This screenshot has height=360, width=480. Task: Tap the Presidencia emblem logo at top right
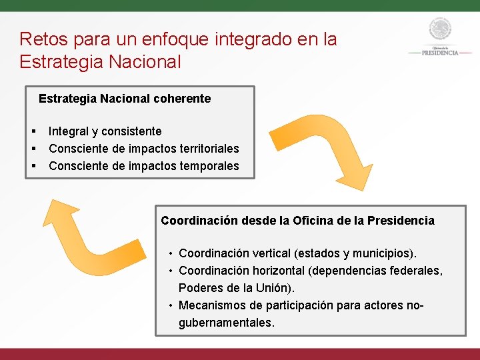pos(439,30)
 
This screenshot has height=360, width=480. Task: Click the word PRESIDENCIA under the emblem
pos(439,53)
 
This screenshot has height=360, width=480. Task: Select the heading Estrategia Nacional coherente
pos(125,99)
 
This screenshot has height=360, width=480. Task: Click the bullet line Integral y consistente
pos(105,131)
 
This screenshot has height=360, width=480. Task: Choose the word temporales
pos(207,166)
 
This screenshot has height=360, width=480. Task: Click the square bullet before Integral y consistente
pos(33,131)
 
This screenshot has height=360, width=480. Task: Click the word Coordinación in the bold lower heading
pos(199,221)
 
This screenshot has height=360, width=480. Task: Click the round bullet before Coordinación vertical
pos(171,253)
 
